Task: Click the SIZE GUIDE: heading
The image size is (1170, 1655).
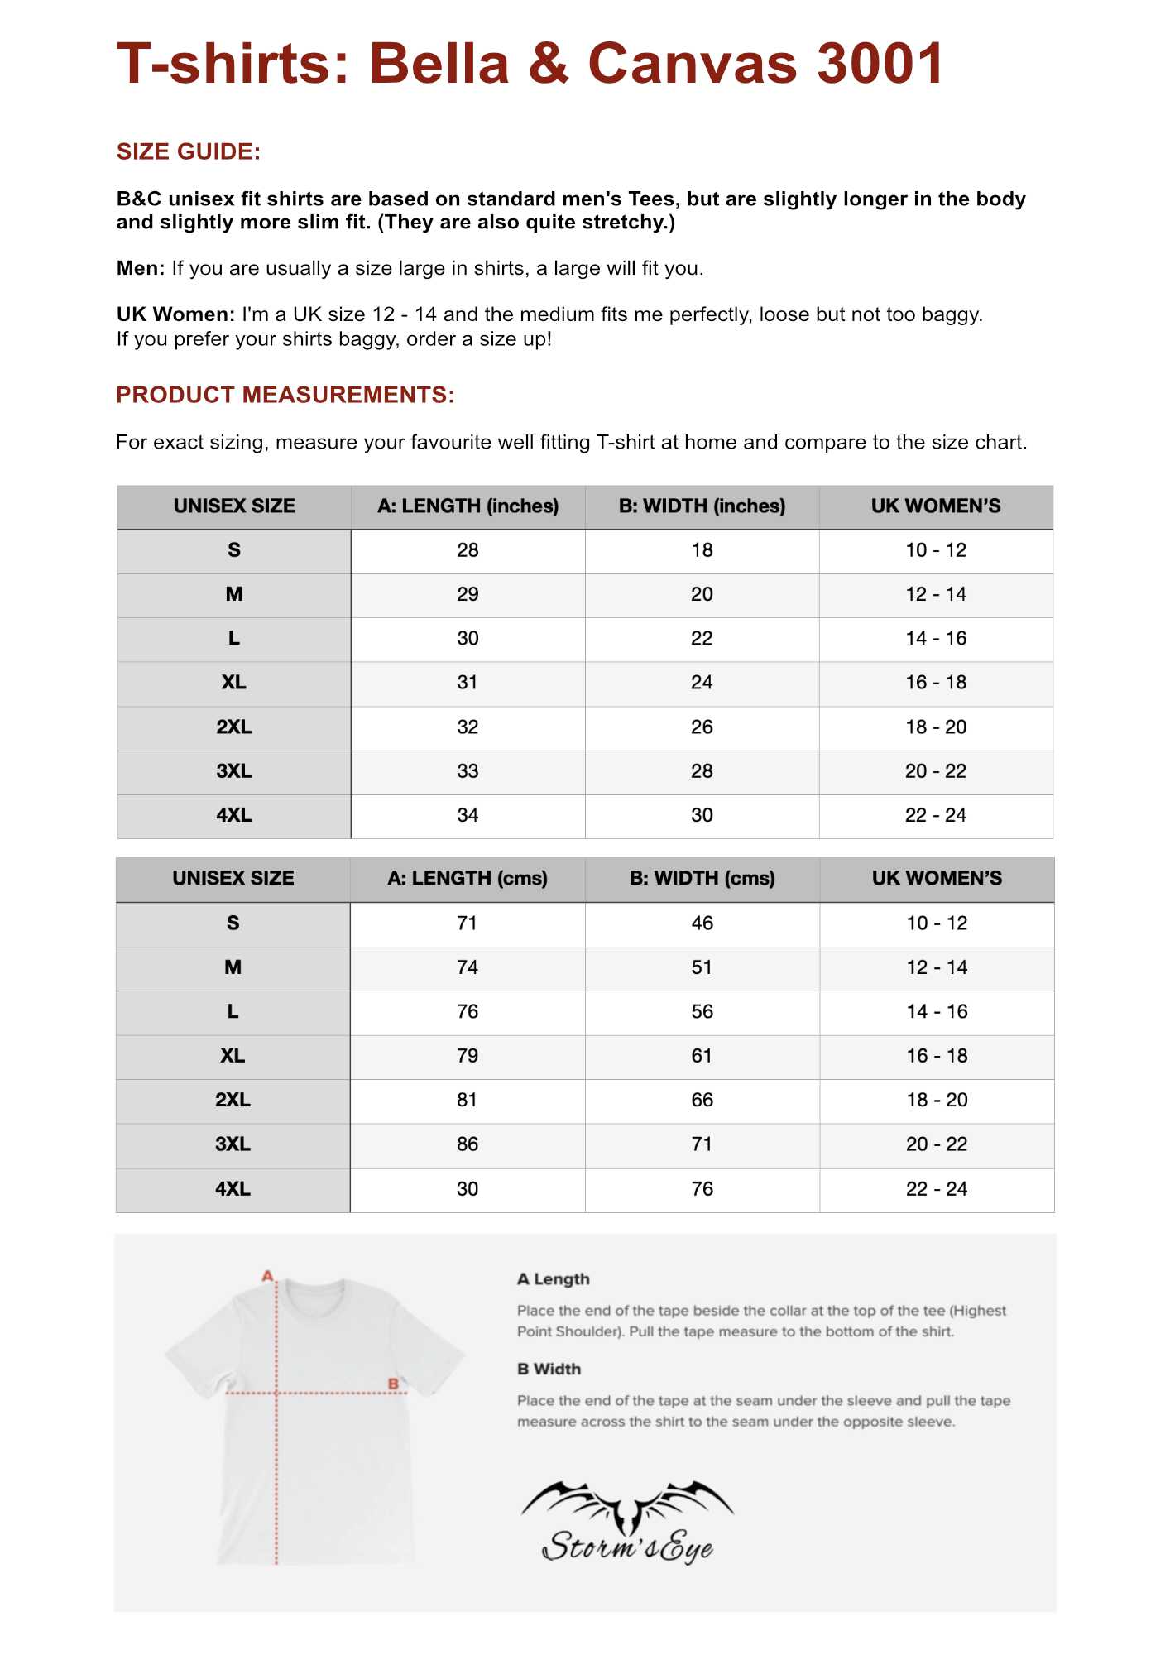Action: (189, 151)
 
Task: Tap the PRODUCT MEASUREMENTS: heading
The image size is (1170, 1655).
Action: (285, 395)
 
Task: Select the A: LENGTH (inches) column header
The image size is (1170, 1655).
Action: (468, 506)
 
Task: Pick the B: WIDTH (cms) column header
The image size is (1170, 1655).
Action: (702, 878)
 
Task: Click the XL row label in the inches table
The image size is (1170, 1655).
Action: (233, 683)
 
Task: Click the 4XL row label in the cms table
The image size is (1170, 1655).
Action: (233, 1189)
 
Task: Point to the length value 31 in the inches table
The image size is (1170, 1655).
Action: (468, 683)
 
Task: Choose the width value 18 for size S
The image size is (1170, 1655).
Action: (702, 550)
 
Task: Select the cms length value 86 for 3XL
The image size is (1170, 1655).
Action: (468, 1144)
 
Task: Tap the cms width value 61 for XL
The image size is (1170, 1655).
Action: (702, 1056)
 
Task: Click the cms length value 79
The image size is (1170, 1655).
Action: (468, 1056)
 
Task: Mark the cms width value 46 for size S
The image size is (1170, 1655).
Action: (702, 923)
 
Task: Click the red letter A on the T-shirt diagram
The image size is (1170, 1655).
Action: (267, 1276)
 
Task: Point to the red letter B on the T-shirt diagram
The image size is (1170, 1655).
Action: (393, 1384)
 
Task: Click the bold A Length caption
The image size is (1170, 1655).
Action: (554, 1279)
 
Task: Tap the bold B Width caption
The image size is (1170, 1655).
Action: (549, 1370)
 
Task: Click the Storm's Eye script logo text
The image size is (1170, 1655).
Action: (627, 1546)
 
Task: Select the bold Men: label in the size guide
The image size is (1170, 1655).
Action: (141, 268)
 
